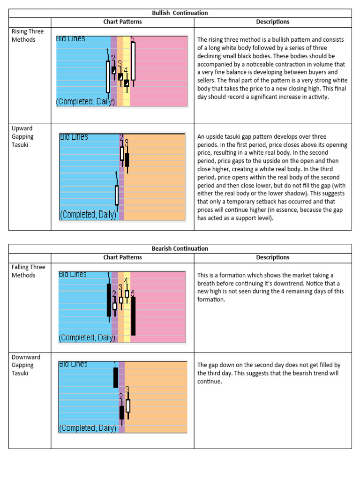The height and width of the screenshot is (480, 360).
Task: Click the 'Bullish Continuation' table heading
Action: pos(180,13)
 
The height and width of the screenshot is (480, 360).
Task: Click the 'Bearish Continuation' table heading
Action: pos(180,248)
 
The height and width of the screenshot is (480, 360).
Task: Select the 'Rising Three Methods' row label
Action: pos(28,36)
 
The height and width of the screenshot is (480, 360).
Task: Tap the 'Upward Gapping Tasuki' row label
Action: pos(23,136)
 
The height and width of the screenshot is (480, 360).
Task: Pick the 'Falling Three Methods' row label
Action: pos(28,271)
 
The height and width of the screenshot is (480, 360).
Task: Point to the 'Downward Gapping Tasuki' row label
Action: pos(26,365)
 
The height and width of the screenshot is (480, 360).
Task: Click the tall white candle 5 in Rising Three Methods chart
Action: pos(133,61)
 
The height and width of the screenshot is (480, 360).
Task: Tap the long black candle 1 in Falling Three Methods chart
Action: pos(109,300)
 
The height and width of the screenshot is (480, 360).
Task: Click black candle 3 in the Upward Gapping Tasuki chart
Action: pos(127,159)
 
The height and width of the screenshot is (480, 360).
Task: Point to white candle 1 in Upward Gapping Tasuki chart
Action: pos(117,195)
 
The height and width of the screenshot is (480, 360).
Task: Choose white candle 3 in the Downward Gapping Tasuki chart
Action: pos(127,405)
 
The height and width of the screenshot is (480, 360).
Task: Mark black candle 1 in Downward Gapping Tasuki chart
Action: pos(116,377)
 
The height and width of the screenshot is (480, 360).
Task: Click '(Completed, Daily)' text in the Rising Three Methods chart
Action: pos(85,102)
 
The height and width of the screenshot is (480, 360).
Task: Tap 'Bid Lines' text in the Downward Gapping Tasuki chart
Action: pos(73,364)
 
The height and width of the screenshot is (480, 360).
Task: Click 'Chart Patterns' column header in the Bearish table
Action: pos(122,257)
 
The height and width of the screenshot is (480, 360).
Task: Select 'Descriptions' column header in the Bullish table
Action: pos(272,22)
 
